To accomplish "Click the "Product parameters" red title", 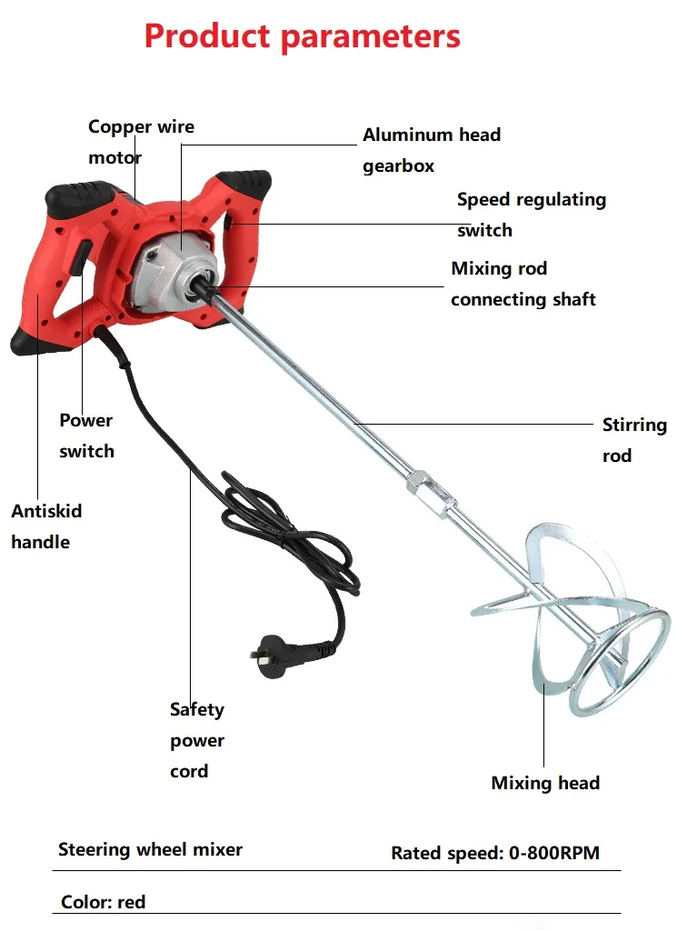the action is coord(302,36).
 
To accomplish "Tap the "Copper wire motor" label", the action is coord(141,142).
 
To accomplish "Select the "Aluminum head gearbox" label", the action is coord(432,150).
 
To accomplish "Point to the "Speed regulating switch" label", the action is coord(531,215).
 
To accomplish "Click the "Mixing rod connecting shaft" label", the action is coord(523,284).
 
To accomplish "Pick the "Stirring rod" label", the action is coord(634,440).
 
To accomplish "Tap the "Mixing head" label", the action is coord(545,783).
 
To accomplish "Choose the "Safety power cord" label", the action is coord(196,740).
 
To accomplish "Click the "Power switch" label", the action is coord(86,436).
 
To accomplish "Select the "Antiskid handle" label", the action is coord(46,526).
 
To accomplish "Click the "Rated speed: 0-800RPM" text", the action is coord(495,853).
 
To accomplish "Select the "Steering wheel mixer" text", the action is coord(150,850).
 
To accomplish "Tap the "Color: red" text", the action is coord(103,903).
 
